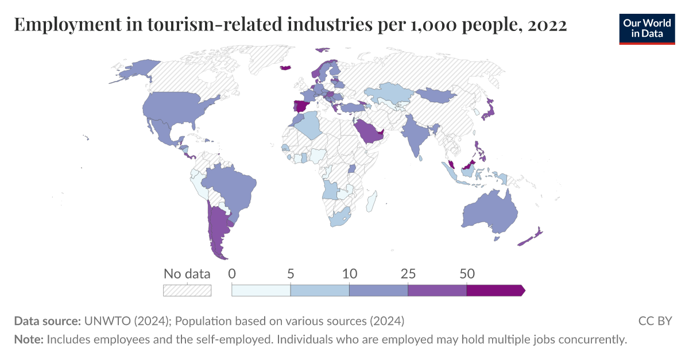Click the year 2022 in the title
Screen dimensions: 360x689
[548, 25]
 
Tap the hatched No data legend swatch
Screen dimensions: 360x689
[187, 291]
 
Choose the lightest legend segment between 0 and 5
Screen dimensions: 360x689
[261, 291]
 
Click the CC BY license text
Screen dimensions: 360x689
[655, 320]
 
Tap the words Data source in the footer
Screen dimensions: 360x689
[47, 320]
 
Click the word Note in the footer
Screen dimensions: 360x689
[28, 339]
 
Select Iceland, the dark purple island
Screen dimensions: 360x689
[285, 68]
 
